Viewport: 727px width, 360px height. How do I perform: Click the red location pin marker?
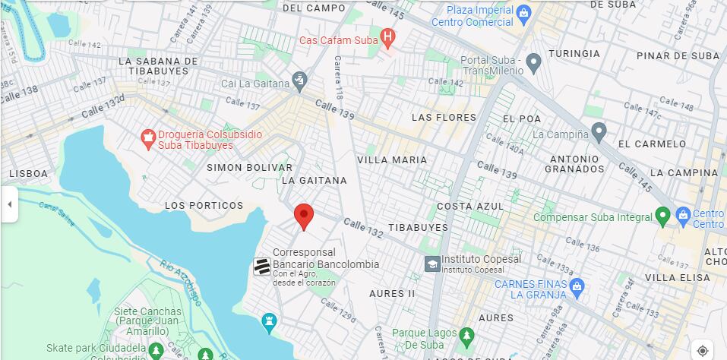click(304, 216)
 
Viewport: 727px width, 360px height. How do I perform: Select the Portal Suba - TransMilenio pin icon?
click(533, 62)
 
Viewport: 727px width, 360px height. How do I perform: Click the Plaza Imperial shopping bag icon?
click(523, 13)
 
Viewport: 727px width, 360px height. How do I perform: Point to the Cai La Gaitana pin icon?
click(299, 80)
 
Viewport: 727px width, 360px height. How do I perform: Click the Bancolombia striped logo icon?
click(261, 267)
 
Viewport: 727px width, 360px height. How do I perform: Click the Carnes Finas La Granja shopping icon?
click(577, 287)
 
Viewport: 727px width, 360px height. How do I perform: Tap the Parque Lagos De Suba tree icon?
click(466, 335)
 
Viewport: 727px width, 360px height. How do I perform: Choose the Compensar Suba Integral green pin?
click(662, 216)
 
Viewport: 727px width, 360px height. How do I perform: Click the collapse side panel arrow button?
click(9, 205)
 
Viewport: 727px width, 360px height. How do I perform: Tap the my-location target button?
click(703, 350)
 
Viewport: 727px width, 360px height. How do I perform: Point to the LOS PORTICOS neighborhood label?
click(204, 206)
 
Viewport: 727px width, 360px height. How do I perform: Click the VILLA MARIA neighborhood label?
click(392, 160)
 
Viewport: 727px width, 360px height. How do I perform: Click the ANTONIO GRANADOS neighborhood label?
click(575, 163)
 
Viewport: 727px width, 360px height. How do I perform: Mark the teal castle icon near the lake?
click(268, 322)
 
